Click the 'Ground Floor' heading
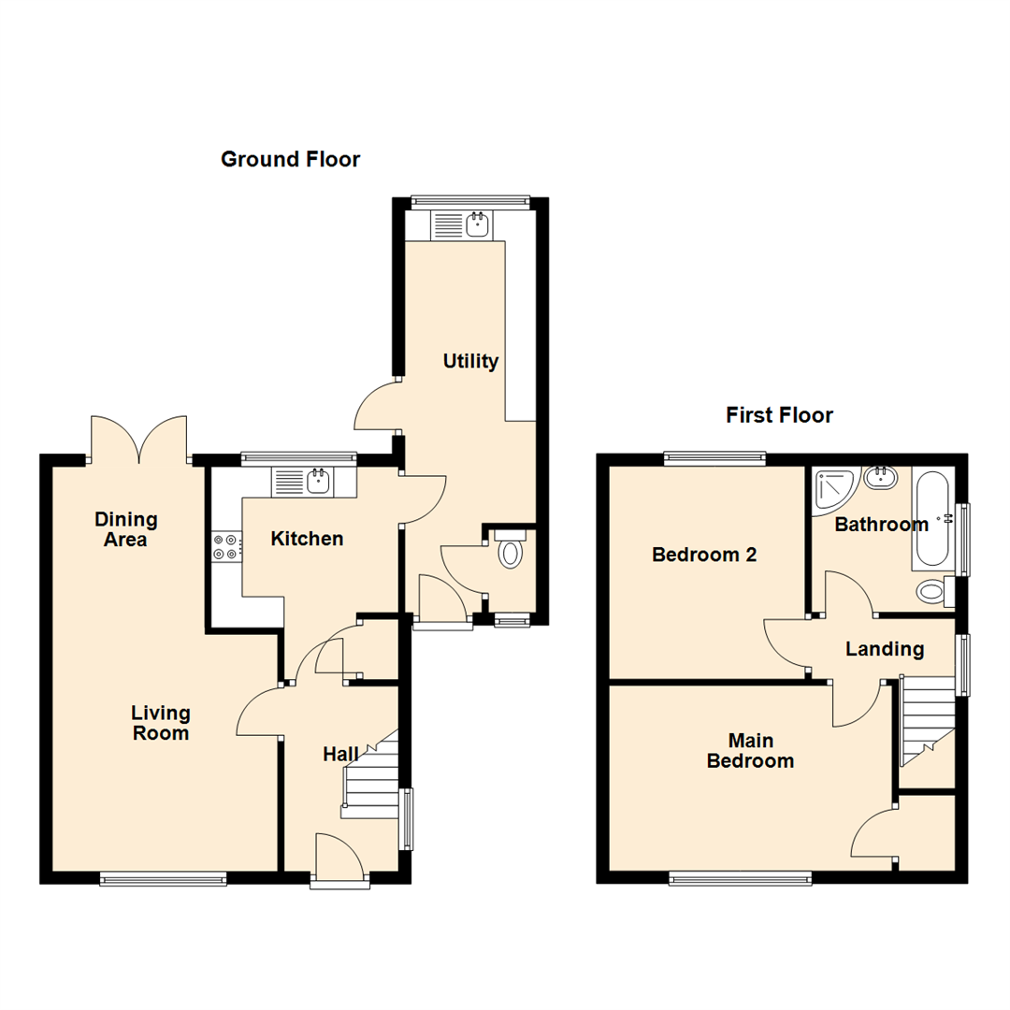(290, 159)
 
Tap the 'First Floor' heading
(779, 415)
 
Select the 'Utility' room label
(470, 361)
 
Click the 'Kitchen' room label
(307, 539)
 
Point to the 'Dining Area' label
(126, 529)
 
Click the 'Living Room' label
(160, 723)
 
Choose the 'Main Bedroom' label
(750, 751)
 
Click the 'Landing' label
(885, 649)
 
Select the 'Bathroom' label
(881, 525)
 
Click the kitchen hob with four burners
(225, 547)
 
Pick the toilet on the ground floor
(510, 549)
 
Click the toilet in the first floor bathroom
(932, 591)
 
